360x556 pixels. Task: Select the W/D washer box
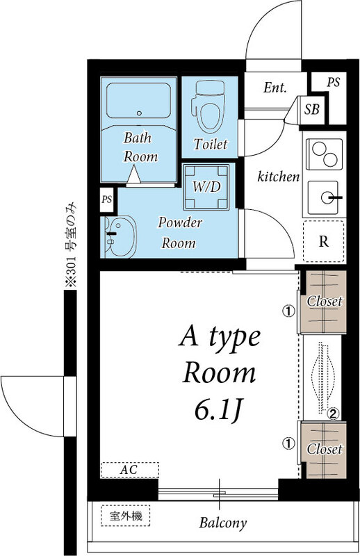point(206,186)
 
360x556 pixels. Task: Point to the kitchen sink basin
point(322,197)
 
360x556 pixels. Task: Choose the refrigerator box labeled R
point(323,241)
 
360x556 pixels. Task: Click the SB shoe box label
point(312,109)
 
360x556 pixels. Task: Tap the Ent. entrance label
point(275,88)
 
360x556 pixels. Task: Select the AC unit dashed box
point(130,471)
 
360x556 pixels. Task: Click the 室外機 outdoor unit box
point(126,516)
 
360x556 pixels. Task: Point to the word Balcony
point(222,523)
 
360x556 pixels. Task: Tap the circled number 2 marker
point(333,413)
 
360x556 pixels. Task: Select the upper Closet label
point(325,302)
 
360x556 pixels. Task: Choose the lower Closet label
point(325,449)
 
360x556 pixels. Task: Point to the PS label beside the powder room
point(107,199)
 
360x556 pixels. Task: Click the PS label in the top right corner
point(334,82)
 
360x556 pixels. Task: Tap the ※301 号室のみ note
point(72,245)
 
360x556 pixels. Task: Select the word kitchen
point(279,177)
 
